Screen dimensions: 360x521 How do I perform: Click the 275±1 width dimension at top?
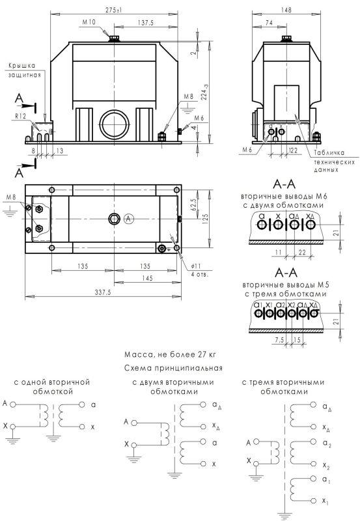pos(114,10)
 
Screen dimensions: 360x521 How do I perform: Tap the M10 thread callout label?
pos(89,22)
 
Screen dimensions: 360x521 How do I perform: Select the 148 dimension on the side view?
pos(286,10)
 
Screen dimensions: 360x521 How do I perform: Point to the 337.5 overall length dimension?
pos(103,292)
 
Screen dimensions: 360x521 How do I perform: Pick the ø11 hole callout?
pos(196,266)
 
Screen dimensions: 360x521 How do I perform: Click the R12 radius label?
pos(20,117)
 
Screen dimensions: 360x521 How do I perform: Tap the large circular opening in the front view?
pos(115,124)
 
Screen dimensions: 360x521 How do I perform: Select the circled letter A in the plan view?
pos(129,219)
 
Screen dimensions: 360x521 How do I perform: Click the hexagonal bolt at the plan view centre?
pos(114,219)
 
